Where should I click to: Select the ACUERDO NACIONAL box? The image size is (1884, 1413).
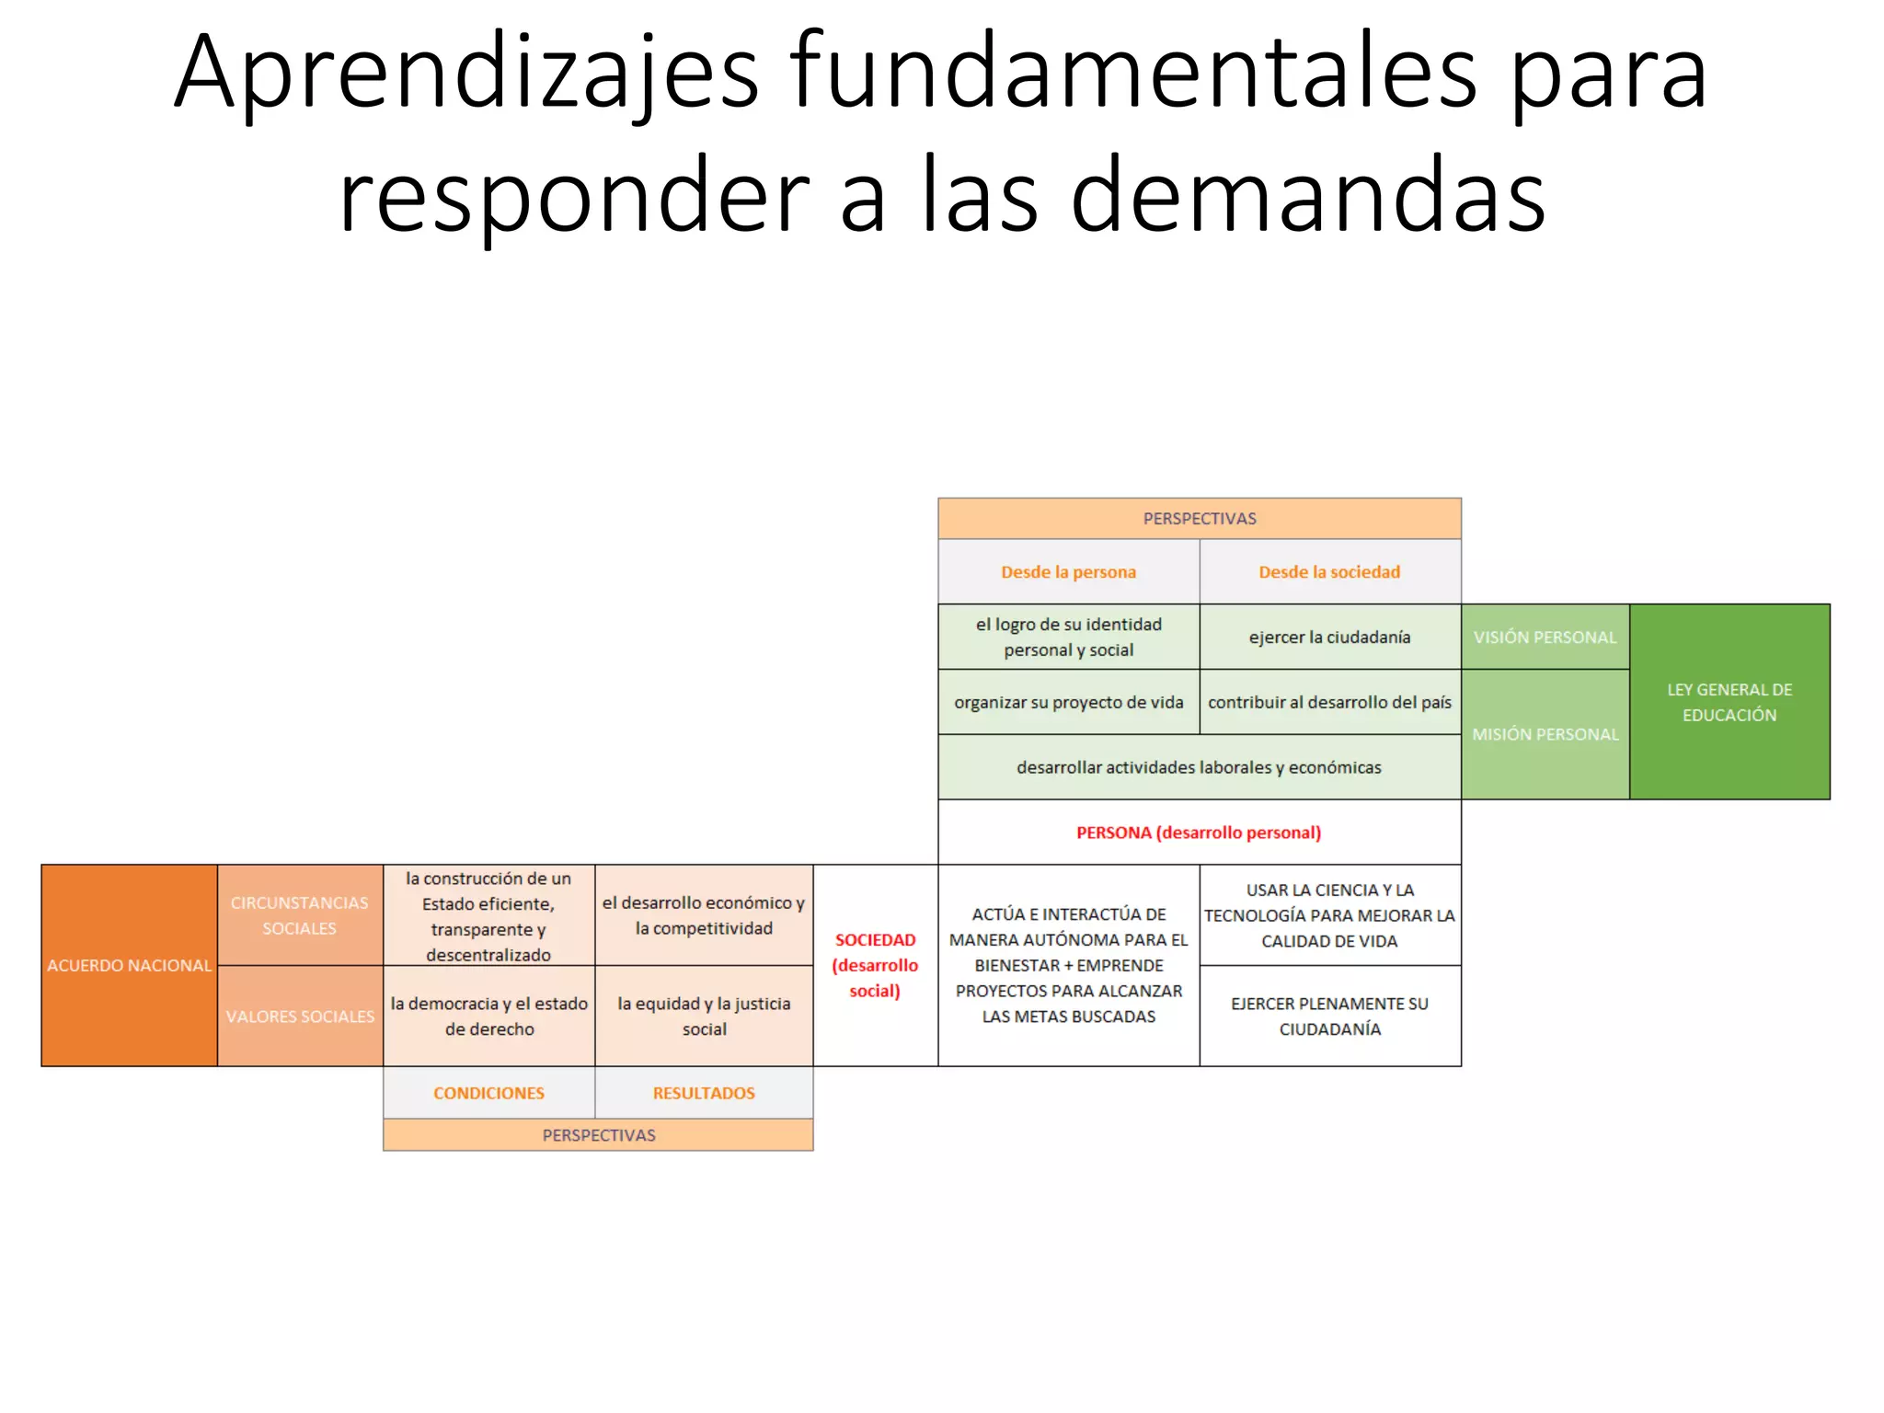(130, 965)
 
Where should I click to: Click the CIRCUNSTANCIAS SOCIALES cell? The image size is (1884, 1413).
(300, 915)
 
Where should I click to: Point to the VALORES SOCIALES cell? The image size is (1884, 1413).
(300, 1017)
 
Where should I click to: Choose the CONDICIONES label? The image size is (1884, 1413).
(488, 1093)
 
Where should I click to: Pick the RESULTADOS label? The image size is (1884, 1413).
(704, 1093)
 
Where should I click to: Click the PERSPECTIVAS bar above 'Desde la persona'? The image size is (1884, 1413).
(1200, 519)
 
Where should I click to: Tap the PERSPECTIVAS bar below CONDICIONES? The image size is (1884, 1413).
(598, 1135)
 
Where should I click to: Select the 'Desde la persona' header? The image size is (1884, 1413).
(1068, 572)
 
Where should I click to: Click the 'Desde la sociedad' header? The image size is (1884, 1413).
(1329, 572)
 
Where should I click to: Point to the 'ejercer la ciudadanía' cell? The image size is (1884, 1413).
(1329, 638)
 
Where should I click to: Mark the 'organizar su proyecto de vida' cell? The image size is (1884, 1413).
(1068, 703)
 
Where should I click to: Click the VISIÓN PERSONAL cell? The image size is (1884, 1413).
(1545, 638)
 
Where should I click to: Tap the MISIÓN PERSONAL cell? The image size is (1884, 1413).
(1545, 734)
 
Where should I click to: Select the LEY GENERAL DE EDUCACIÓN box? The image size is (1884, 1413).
(1729, 702)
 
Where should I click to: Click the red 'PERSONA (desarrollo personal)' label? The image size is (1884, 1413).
(1199, 833)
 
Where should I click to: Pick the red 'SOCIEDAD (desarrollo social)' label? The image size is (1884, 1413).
(875, 965)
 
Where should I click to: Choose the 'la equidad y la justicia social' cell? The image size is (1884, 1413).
(704, 1017)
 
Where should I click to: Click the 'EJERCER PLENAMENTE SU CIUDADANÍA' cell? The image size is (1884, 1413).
(1329, 1017)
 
